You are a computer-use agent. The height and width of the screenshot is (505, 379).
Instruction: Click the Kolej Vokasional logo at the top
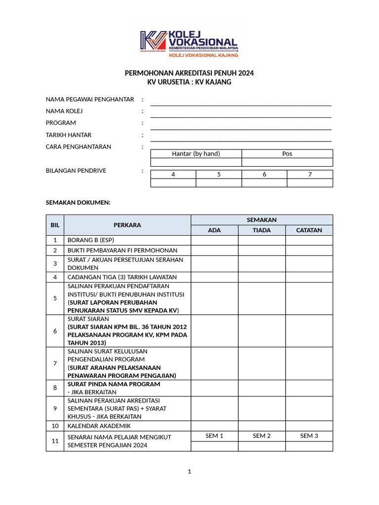(x=189, y=44)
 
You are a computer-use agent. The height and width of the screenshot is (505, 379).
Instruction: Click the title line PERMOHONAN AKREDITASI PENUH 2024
(x=189, y=73)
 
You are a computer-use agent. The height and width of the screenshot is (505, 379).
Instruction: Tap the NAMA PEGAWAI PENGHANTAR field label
(x=90, y=100)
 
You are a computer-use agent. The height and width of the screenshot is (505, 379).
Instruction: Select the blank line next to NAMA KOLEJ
(x=241, y=114)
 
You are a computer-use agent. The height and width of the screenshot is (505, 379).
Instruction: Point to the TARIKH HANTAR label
(x=69, y=135)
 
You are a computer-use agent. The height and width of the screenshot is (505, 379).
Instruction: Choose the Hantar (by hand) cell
(x=196, y=154)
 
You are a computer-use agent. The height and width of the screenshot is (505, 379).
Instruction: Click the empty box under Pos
(x=287, y=162)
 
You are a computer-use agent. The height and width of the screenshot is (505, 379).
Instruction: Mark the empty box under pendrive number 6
(x=264, y=183)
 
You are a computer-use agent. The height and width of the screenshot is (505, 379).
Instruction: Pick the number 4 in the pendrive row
(x=173, y=175)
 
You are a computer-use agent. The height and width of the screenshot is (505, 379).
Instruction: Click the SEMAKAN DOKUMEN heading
(x=78, y=203)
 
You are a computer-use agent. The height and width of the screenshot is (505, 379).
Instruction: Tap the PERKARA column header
(x=127, y=225)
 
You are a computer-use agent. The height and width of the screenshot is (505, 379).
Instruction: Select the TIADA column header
(x=262, y=230)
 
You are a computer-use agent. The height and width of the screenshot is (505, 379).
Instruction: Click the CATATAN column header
(x=309, y=230)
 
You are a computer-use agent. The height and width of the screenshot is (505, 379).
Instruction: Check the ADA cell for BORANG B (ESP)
(x=215, y=241)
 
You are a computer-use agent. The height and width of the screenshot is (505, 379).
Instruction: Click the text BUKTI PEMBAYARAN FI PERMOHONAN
(x=122, y=251)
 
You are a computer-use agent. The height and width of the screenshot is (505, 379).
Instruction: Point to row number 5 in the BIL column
(x=55, y=298)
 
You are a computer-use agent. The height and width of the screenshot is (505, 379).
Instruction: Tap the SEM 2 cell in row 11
(x=262, y=436)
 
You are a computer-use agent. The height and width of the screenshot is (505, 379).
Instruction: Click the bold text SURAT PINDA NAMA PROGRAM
(x=114, y=384)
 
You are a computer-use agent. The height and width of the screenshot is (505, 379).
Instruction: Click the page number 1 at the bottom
(x=189, y=472)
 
